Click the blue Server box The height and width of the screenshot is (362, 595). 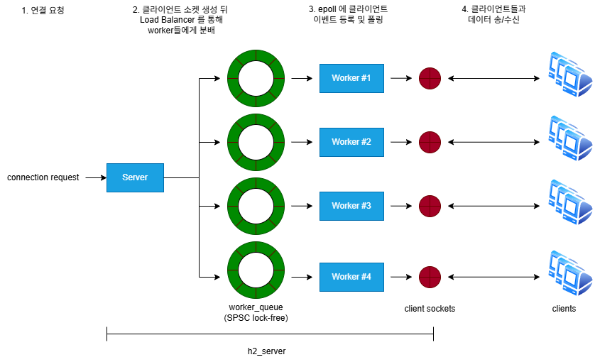[x=135, y=177]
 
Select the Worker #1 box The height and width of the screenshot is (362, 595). [x=351, y=77]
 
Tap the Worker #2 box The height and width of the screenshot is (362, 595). [x=351, y=142]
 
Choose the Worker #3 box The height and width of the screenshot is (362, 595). [x=351, y=206]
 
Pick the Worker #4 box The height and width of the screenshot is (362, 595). [x=351, y=277]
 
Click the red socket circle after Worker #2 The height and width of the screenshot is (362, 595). [x=430, y=142]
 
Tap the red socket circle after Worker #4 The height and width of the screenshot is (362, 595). [x=430, y=277]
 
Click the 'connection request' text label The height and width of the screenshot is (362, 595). [x=43, y=177]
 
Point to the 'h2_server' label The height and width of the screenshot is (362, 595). [x=266, y=351]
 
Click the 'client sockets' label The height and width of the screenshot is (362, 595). [x=430, y=309]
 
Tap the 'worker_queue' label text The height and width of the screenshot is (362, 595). [x=256, y=307]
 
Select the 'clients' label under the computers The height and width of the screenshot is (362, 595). [x=564, y=309]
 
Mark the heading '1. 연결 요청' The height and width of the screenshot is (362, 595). [x=43, y=10]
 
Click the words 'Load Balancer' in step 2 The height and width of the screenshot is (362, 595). [x=168, y=20]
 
